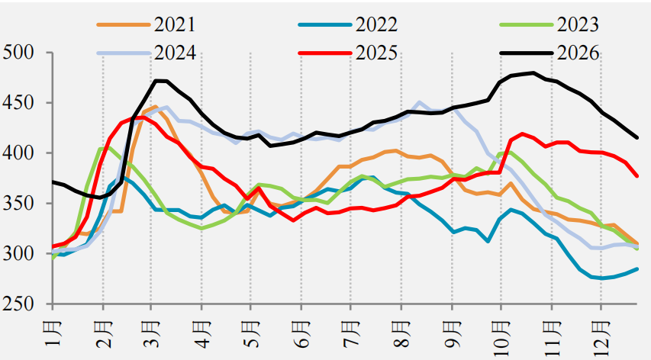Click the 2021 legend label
[174, 24]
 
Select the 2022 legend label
[376, 24]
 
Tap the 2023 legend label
[578, 24]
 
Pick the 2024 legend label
[174, 53]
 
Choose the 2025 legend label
[376, 53]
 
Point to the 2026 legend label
[578, 53]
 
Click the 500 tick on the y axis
[18, 53]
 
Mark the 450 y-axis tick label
[18, 103]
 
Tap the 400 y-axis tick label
[18, 153]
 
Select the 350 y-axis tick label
[18, 203]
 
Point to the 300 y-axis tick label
[18, 253]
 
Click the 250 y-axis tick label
[18, 304]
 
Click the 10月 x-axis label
[501, 336]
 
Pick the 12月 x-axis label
[601, 336]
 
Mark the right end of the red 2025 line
[637, 176]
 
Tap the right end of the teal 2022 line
[637, 268]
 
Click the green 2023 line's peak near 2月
[106, 147]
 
